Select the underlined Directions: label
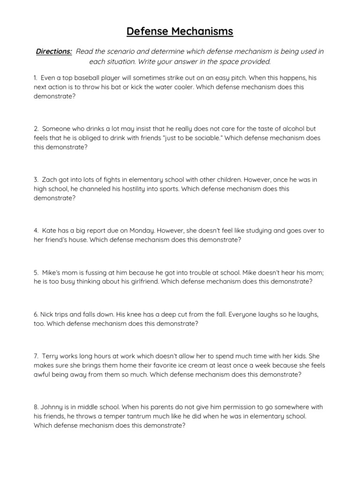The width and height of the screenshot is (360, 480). click(x=54, y=52)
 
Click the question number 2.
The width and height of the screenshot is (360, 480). click(x=36, y=128)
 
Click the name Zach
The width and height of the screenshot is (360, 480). click(x=50, y=180)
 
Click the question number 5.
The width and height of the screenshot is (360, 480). click(x=36, y=272)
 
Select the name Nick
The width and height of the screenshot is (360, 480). click(x=46, y=314)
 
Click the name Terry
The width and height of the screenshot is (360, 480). click(x=51, y=356)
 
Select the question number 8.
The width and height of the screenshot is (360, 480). click(x=36, y=407)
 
